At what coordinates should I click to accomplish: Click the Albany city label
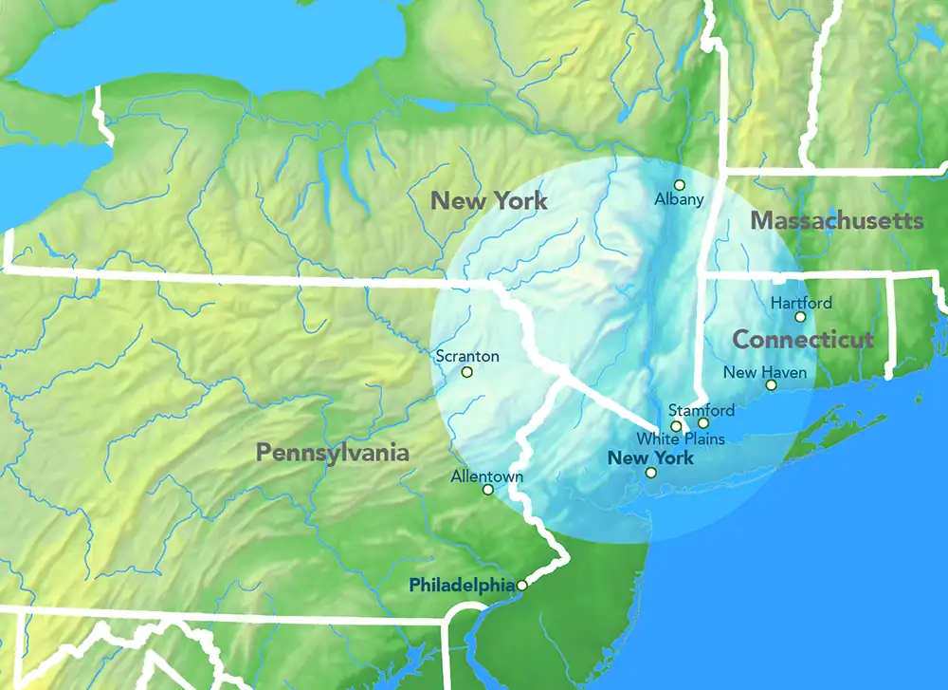click(680, 199)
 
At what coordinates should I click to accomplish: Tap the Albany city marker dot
click(679, 184)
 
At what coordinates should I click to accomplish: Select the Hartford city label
click(801, 304)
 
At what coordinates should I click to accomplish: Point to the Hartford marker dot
click(800, 317)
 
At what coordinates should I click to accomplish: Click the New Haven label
click(765, 373)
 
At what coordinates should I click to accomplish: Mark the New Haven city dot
click(771, 385)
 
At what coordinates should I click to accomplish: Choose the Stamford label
click(702, 411)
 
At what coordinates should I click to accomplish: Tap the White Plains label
click(681, 438)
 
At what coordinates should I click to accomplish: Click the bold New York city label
click(650, 458)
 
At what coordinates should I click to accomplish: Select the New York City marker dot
click(651, 473)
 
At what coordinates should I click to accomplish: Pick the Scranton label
click(466, 357)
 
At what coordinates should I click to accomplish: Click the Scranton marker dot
click(466, 372)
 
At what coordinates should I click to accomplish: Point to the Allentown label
click(487, 476)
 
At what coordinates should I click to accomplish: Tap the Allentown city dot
click(487, 490)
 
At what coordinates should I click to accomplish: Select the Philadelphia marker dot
click(521, 586)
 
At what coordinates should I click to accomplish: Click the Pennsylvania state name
click(333, 453)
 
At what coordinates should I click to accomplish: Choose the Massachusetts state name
click(837, 221)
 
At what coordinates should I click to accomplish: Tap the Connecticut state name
click(803, 340)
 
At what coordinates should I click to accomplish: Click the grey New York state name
click(489, 200)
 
